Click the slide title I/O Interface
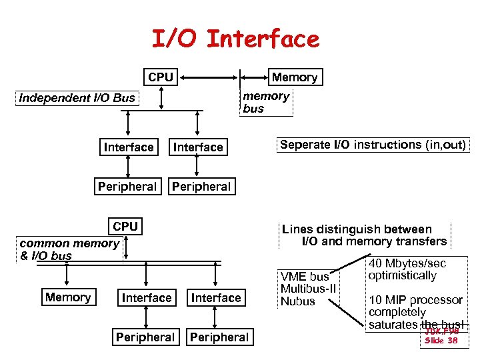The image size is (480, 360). [236, 39]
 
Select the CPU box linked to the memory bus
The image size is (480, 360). [161, 77]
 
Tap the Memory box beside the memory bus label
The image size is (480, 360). [294, 77]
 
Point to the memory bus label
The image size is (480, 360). [265, 102]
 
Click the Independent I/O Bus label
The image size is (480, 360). [77, 98]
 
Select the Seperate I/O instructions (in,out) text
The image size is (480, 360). [373, 145]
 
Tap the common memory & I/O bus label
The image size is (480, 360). [69, 249]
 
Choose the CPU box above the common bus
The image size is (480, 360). [125, 227]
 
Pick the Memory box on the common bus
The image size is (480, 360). [68, 297]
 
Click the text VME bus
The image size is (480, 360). [305, 277]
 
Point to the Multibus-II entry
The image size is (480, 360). [309, 289]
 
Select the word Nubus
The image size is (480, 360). [298, 301]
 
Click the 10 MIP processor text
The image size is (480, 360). [415, 300]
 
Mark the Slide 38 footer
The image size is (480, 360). [441, 341]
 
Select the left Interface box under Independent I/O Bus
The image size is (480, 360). [129, 147]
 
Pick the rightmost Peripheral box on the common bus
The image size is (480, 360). [219, 337]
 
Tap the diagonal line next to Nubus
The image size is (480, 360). [349, 302]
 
